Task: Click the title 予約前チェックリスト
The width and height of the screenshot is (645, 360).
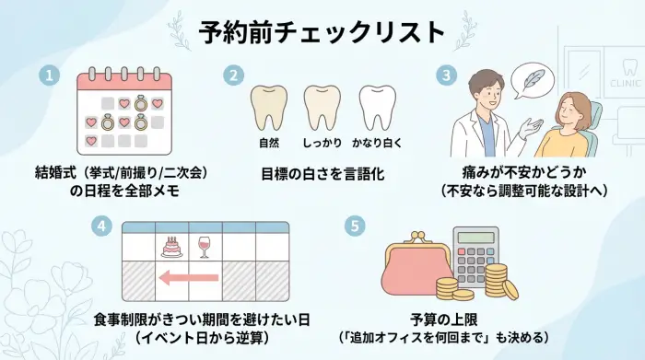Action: [x=322, y=30]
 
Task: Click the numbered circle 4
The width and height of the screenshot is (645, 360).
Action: [x=102, y=226]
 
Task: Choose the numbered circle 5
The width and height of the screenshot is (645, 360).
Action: [x=352, y=226]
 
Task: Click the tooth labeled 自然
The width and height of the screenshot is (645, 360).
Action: [x=269, y=108]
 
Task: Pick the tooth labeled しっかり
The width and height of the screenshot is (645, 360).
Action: [x=322, y=108]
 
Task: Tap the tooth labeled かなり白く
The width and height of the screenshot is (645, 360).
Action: [x=378, y=108]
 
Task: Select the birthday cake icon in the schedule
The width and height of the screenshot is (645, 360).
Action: [x=170, y=245]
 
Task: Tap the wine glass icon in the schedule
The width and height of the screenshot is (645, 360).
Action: [x=205, y=245]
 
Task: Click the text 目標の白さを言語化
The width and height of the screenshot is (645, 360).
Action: [x=322, y=171]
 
